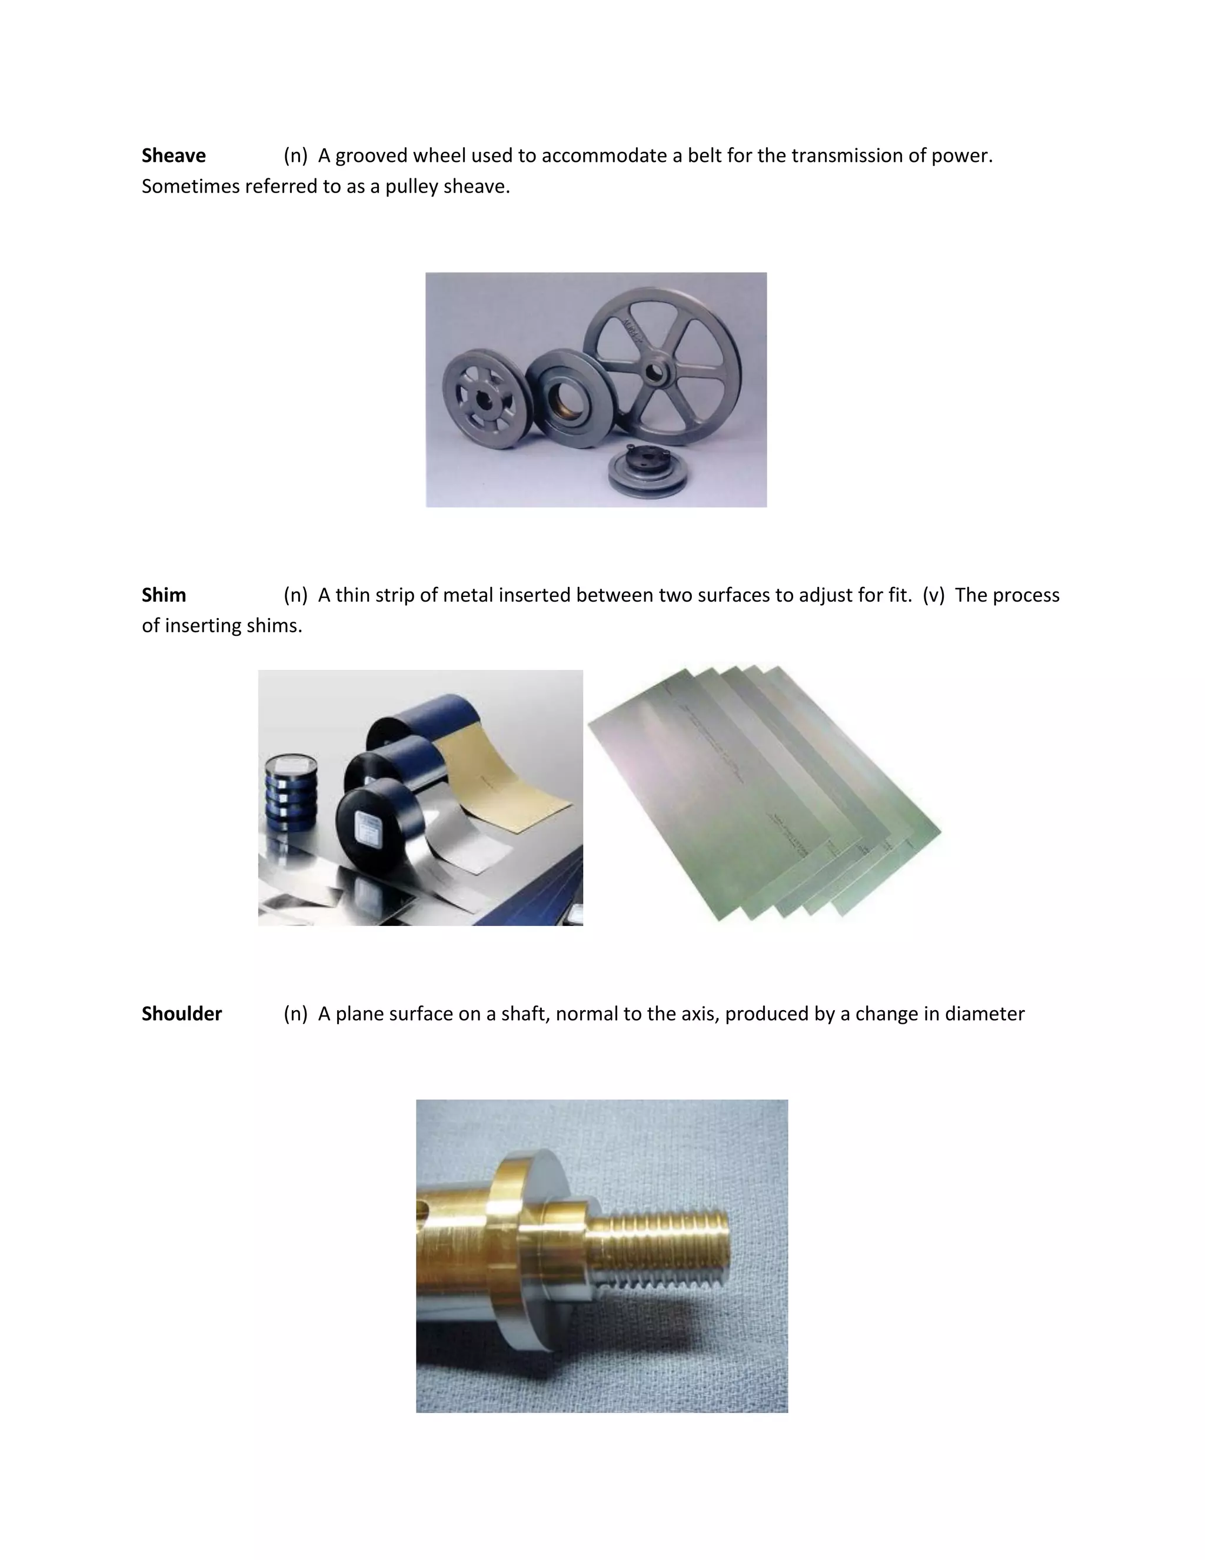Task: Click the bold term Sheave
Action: click(x=174, y=156)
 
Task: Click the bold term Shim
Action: click(x=164, y=595)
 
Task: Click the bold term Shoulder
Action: click(x=181, y=1014)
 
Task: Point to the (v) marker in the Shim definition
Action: click(x=933, y=595)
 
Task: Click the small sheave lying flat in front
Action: click(x=647, y=471)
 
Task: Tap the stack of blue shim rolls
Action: click(x=291, y=793)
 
